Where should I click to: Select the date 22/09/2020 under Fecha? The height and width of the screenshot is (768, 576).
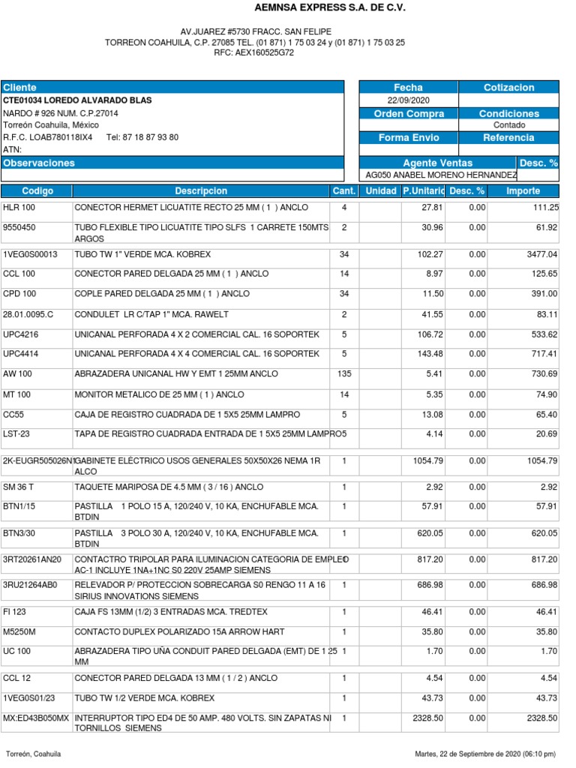[x=408, y=100]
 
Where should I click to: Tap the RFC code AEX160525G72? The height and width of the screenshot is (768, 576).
[x=254, y=53]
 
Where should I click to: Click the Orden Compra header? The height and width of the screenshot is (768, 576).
[x=408, y=113]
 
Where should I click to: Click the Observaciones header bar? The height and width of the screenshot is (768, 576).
[x=172, y=163]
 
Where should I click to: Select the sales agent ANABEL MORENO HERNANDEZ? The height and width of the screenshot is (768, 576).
[x=440, y=175]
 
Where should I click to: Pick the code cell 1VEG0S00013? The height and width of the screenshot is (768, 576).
[x=31, y=255]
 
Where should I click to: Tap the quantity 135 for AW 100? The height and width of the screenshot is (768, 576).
[x=344, y=373]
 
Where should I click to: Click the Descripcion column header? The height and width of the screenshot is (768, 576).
[x=201, y=191]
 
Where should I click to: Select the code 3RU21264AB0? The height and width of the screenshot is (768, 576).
[x=31, y=584]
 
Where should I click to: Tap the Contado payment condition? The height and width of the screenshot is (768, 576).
[x=509, y=125]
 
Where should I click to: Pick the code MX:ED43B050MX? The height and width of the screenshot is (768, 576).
[x=36, y=718]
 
